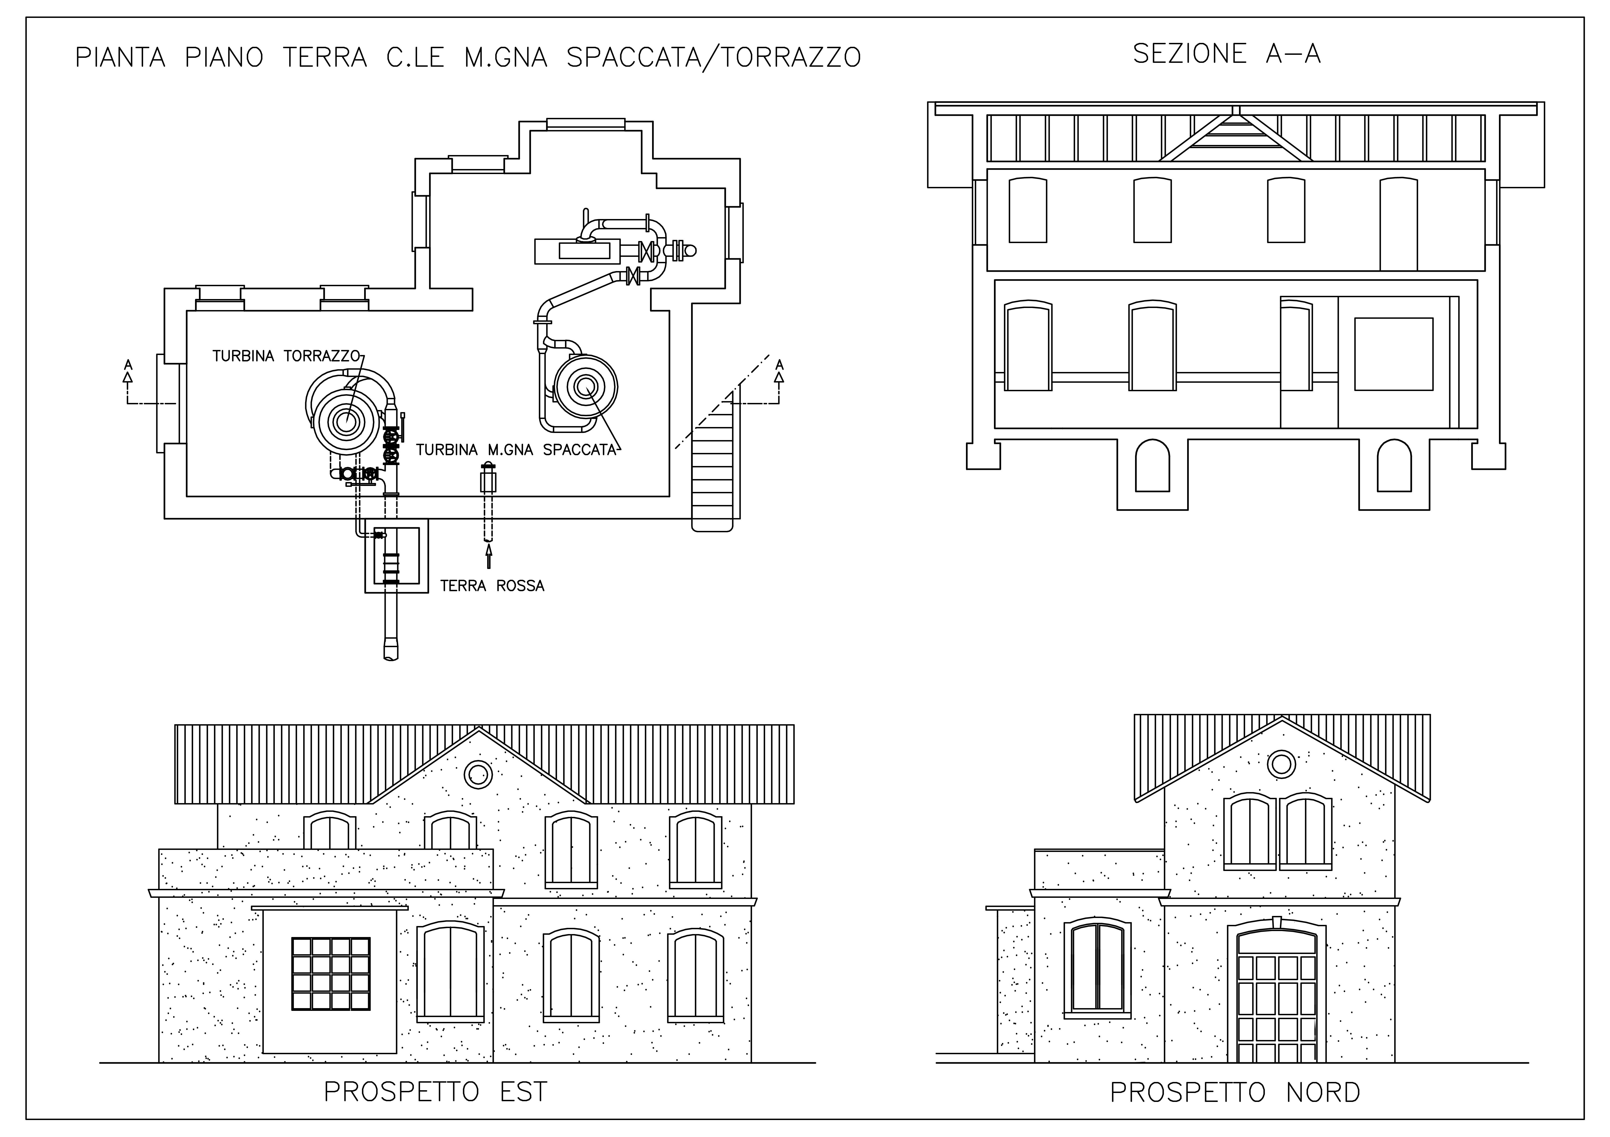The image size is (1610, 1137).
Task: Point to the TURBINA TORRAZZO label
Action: pyautogui.click(x=286, y=356)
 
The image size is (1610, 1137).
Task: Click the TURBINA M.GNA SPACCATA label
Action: pyautogui.click(x=516, y=450)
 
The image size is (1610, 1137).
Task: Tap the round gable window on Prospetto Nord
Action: pyautogui.click(x=1282, y=763)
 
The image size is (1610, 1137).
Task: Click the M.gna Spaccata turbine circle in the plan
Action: pyautogui.click(x=586, y=385)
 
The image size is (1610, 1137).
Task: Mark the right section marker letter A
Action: pyautogui.click(x=779, y=364)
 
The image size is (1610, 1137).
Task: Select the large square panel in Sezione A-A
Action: pyautogui.click(x=1393, y=354)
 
